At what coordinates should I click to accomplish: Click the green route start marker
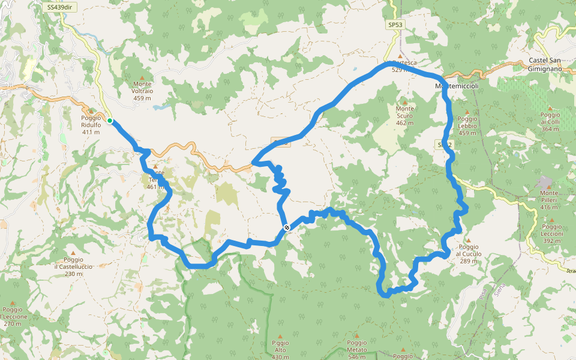tap(110, 121)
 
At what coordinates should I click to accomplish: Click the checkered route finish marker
tap(287, 227)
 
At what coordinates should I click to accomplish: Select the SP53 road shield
tap(394, 25)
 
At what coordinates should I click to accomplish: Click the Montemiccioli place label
tap(456, 86)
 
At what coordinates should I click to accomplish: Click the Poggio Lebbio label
tap(467, 122)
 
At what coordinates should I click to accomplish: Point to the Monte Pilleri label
tap(549, 200)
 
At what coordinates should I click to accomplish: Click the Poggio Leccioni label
tap(551, 230)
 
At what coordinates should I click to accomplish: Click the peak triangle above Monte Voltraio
tap(142, 76)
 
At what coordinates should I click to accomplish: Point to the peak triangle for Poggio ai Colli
tap(550, 108)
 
